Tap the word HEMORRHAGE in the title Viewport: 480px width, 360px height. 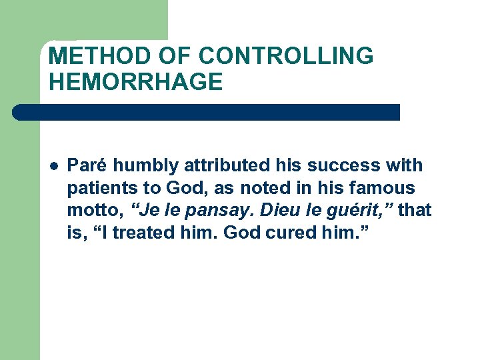[x=135, y=82]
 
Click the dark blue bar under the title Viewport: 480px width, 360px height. [x=207, y=112]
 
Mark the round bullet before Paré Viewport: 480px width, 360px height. [x=54, y=165]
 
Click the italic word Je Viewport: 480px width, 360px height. [x=147, y=211]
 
